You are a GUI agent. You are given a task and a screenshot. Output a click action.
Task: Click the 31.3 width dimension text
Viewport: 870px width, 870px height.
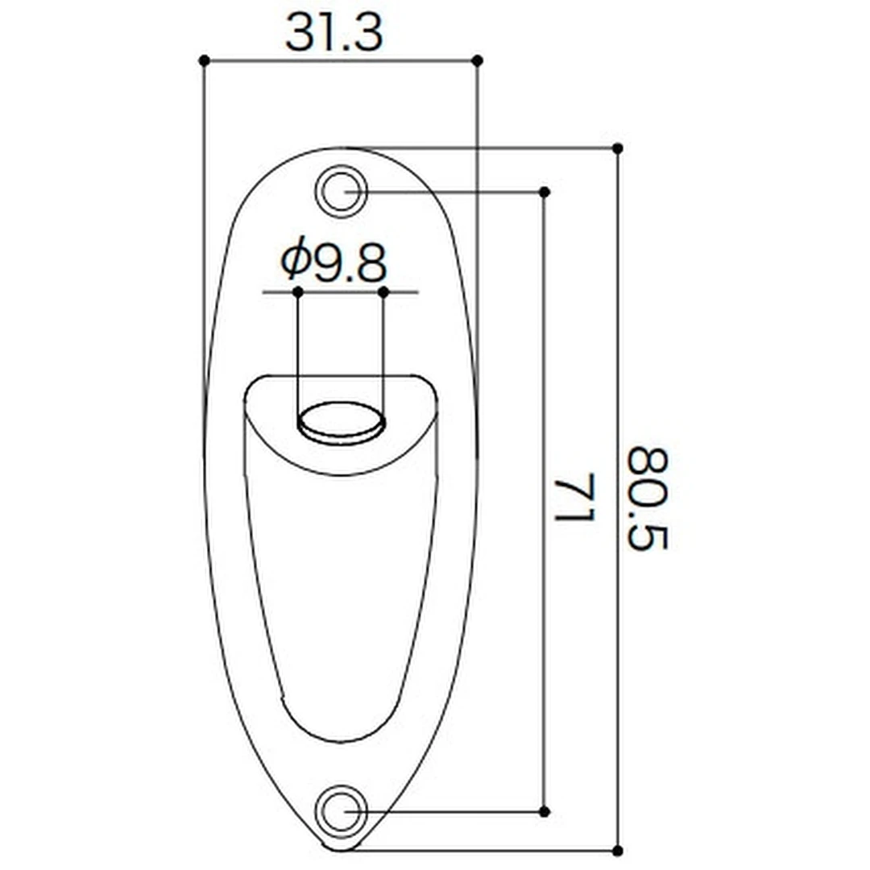(x=333, y=34)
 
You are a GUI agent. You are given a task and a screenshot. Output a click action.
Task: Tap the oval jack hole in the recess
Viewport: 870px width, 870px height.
(x=341, y=420)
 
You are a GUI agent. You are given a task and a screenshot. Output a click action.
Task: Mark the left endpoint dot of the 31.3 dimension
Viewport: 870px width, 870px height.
(x=204, y=60)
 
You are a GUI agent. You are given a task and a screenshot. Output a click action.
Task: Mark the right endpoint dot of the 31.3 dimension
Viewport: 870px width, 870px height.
(x=477, y=60)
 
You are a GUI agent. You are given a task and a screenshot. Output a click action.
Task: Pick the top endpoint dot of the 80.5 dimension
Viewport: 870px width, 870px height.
(x=618, y=148)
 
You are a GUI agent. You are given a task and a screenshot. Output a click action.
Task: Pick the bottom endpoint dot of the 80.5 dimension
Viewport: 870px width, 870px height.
(x=618, y=850)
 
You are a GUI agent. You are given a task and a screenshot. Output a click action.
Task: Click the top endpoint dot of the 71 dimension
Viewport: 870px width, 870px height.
(x=545, y=192)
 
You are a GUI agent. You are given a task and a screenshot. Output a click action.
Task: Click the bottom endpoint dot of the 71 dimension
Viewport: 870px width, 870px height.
(x=545, y=810)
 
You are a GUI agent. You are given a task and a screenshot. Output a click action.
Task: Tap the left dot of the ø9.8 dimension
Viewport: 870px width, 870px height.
(x=297, y=291)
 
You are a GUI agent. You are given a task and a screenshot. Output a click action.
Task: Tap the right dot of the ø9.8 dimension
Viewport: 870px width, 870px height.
(x=383, y=291)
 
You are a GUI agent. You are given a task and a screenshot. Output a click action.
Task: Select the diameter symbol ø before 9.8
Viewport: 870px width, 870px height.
(x=295, y=260)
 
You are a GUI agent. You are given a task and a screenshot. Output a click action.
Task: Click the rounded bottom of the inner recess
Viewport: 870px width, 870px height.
(x=340, y=735)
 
